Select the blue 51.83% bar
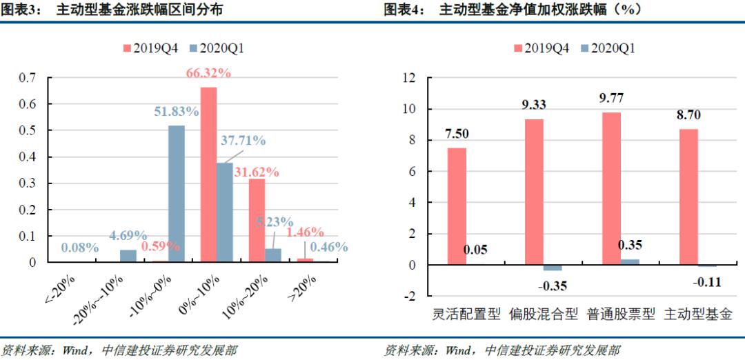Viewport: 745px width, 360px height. click(x=176, y=193)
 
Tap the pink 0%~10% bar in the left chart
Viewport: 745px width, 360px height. click(x=208, y=174)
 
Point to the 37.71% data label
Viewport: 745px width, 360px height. click(x=243, y=141)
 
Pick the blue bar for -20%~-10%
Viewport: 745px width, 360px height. click(x=128, y=256)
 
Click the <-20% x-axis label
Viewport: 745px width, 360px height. click(x=60, y=289)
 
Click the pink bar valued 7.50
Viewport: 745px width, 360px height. click(x=457, y=206)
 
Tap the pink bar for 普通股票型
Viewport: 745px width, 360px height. click(x=611, y=188)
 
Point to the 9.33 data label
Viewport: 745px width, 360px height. click(x=533, y=105)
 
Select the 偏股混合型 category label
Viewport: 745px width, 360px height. click(x=543, y=314)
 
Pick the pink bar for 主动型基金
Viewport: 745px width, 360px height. click(x=688, y=197)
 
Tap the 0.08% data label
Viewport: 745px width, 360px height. click(x=78, y=247)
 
